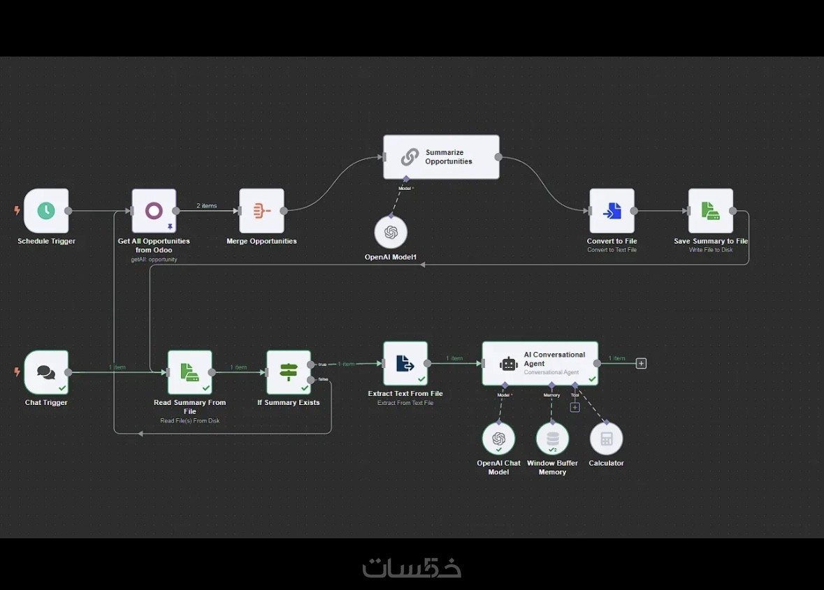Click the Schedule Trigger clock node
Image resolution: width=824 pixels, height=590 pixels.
[46, 210]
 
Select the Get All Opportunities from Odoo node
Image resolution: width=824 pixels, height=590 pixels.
[154, 210]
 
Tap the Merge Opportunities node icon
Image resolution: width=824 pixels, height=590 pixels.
[261, 210]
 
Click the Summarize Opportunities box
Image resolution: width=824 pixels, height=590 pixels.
[441, 157]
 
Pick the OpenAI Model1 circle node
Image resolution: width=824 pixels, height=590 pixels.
[391, 233]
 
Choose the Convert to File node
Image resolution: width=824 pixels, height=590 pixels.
[612, 210]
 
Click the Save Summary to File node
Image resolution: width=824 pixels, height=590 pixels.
[711, 210]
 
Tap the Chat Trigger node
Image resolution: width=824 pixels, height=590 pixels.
[46, 372]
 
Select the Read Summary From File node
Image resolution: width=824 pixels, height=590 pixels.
[189, 372]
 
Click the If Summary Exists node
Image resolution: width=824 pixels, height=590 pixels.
[289, 372]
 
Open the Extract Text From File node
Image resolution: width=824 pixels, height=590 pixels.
[405, 363]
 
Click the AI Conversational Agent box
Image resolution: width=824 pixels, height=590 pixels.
[540, 363]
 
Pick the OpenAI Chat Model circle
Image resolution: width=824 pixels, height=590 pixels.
[498, 438]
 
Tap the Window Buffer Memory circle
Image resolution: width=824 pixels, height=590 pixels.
[552, 438]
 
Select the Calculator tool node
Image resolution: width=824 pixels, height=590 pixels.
[606, 438]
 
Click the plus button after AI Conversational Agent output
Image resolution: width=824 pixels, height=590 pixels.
[641, 363]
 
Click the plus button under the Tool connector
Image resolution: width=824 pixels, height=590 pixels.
[574, 407]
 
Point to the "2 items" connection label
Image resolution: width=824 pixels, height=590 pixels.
[207, 206]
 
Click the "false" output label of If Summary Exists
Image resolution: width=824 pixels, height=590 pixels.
[323, 379]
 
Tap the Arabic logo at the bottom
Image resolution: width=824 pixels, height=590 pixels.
[412, 567]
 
